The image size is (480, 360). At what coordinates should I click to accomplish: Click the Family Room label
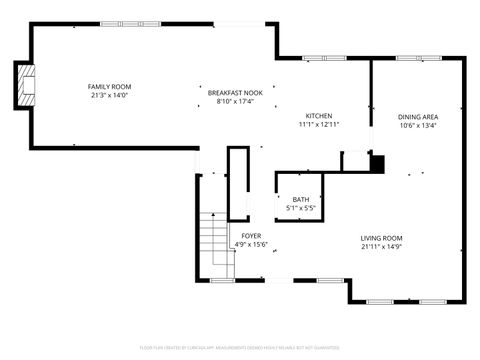pos(110,87)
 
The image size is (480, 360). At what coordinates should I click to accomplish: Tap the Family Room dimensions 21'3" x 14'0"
pos(110,96)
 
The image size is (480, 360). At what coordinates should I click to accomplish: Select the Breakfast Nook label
pos(235,92)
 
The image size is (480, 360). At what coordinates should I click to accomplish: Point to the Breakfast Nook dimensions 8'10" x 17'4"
pos(235,101)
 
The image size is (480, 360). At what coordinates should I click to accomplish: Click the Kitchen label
pos(319,116)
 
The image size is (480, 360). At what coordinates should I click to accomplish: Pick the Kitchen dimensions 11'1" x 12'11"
pos(319,125)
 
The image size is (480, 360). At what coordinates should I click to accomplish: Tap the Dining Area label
pos(418,116)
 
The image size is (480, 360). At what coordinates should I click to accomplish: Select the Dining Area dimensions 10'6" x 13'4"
pos(418,125)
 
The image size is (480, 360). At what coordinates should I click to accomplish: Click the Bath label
pos(301,200)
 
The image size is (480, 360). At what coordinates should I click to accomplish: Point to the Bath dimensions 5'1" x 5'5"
pos(301,209)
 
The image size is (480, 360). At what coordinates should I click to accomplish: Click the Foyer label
pos(251,235)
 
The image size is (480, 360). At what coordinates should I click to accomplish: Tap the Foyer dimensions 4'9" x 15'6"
pos(251,244)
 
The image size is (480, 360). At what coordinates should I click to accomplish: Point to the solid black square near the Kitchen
pos(377,162)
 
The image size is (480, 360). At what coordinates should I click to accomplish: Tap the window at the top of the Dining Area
pos(412,58)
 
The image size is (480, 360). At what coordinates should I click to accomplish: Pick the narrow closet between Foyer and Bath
pos(238,183)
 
